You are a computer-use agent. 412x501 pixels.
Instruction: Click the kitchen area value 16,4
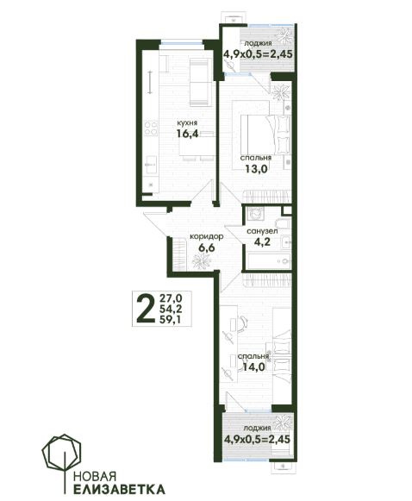pos(188,133)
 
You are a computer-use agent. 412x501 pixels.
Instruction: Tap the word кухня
pos(188,122)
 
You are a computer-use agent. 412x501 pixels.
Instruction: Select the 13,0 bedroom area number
pos(256,168)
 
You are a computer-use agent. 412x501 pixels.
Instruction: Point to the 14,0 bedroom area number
pos(254,366)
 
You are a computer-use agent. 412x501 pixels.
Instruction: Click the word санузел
pos(262,231)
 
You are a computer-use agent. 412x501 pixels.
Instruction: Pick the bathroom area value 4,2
pos(262,241)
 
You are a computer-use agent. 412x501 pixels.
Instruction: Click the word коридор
pos(206,237)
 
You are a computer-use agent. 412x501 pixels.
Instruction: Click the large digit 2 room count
pos(146,309)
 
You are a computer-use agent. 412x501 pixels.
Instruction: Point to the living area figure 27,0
pos(171,298)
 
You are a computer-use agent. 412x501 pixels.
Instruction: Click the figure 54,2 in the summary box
pos(171,309)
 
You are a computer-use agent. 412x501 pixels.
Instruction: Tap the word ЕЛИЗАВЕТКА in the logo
pos(119,489)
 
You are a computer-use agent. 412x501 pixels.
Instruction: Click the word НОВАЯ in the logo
pos(94,476)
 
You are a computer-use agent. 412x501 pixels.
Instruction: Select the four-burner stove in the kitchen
pos(151,128)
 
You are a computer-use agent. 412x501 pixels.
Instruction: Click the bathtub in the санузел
pos(269,261)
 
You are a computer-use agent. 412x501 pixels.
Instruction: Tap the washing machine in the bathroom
pos(255,214)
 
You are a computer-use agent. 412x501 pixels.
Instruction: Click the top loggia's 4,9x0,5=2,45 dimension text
pos(258,53)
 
